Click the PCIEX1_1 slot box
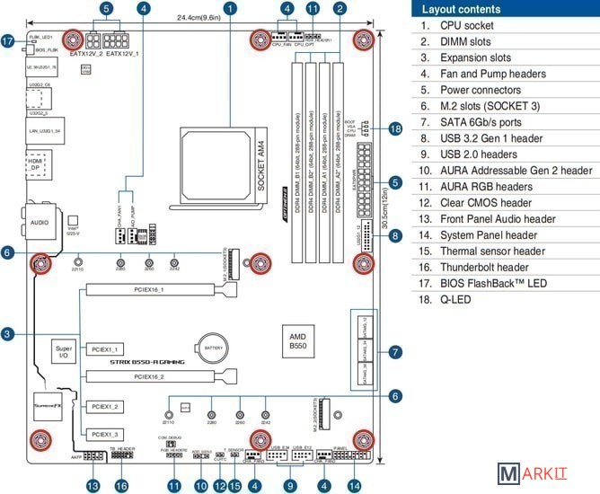pos(106,348)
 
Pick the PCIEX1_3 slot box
pos(106,433)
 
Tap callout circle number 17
pos(7,40)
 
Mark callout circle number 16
pos(122,485)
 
